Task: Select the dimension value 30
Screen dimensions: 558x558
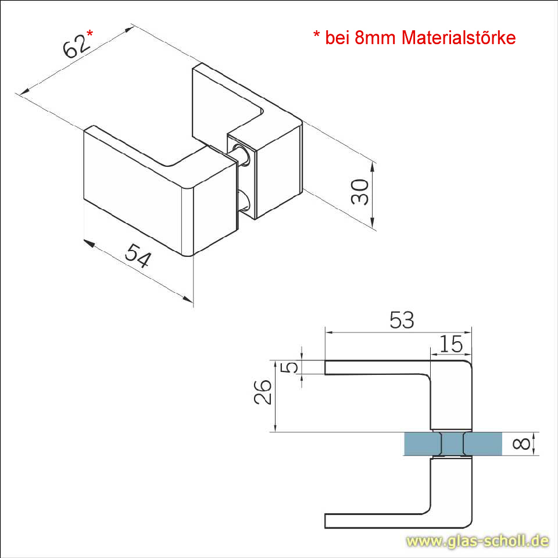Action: coord(360,191)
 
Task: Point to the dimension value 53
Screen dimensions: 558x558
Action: coord(402,320)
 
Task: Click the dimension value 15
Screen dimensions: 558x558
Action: coord(451,345)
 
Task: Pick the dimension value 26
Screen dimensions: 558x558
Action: coord(263,392)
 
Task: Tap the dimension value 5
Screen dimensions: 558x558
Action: coord(293,367)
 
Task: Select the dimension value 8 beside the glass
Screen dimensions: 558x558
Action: coord(523,444)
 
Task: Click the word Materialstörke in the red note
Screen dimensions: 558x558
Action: coord(459,38)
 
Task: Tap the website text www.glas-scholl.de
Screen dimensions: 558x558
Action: coord(477,541)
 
